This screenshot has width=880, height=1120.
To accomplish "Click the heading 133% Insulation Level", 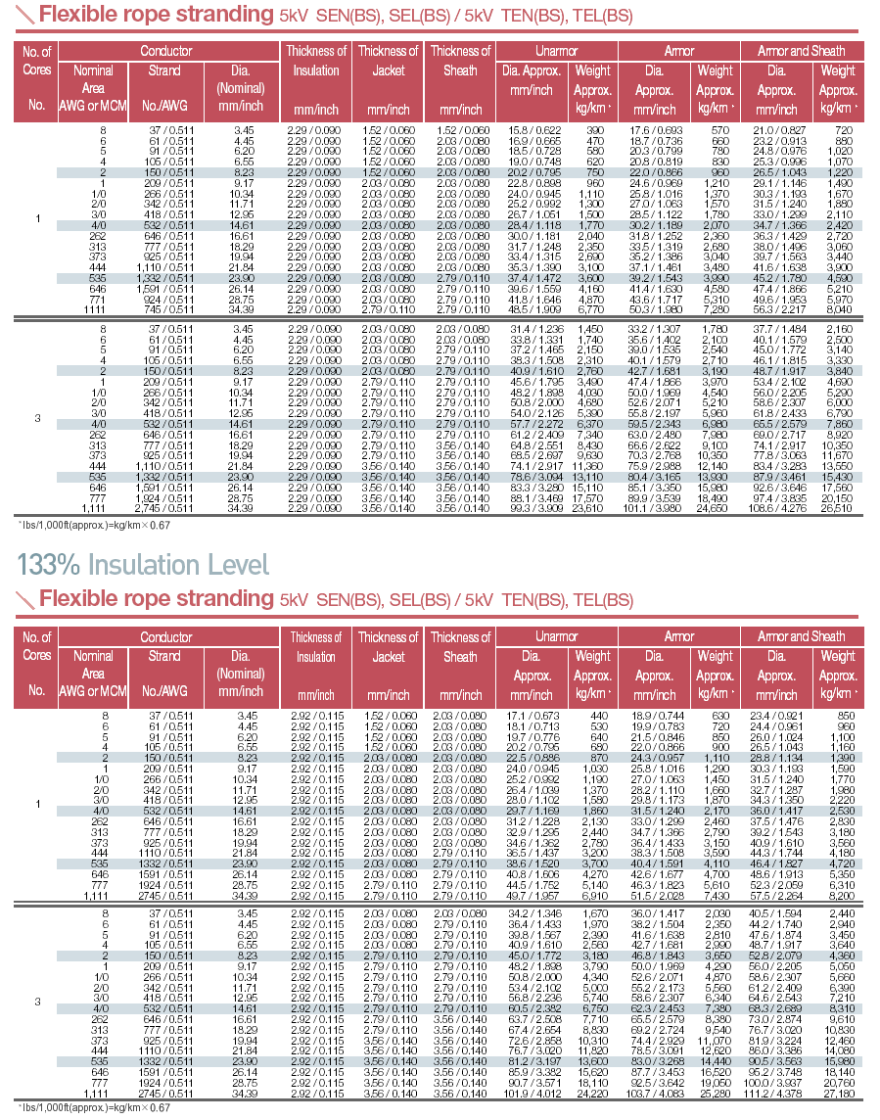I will point(143,564).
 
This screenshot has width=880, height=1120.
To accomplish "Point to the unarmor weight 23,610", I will point(593,508).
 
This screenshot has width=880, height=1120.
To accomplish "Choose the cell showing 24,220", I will point(593,1095).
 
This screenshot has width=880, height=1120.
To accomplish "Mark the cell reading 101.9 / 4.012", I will point(531,1095).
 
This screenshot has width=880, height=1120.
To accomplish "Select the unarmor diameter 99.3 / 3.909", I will point(531,508).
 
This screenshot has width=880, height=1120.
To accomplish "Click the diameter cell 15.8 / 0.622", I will point(531,130).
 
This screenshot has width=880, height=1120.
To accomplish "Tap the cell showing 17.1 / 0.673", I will point(531,717).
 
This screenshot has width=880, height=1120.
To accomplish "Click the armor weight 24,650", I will point(715,508).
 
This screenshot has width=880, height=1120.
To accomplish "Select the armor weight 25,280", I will point(715,1095).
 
